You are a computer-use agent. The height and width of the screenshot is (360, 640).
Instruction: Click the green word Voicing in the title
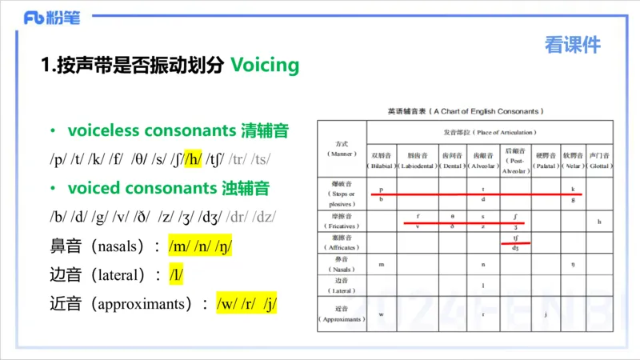(x=265, y=65)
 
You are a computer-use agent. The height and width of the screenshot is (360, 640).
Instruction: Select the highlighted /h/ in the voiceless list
(x=194, y=159)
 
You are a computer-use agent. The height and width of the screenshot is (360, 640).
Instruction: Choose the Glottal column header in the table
(x=599, y=159)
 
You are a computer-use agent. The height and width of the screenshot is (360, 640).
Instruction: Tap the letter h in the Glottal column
(x=599, y=221)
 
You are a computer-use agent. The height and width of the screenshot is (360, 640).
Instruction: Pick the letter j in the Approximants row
(x=544, y=314)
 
